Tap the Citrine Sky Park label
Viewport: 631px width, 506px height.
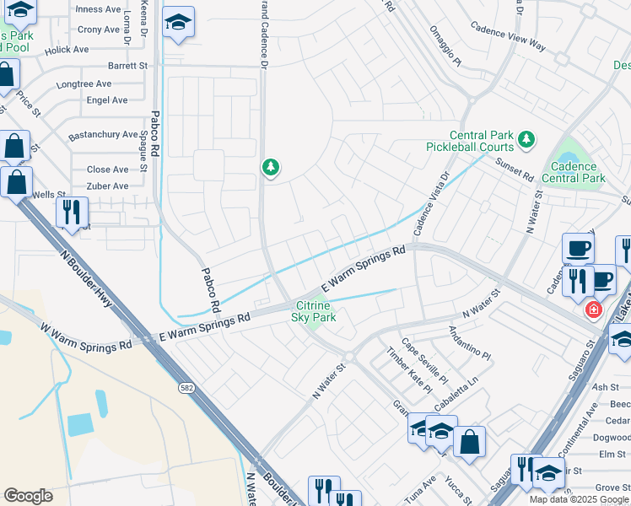click(314, 311)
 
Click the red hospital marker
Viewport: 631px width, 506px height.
click(594, 310)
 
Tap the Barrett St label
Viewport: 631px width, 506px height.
click(127, 65)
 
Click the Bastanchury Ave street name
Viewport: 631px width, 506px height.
click(103, 134)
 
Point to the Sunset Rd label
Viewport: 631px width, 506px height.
click(515, 170)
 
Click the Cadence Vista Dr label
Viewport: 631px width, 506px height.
click(432, 204)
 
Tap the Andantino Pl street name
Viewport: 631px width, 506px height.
click(469, 343)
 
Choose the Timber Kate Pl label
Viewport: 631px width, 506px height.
click(409, 370)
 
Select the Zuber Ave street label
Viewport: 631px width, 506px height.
click(108, 186)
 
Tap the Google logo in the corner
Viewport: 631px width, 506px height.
click(28, 495)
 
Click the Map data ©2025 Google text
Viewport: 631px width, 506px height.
click(579, 499)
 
